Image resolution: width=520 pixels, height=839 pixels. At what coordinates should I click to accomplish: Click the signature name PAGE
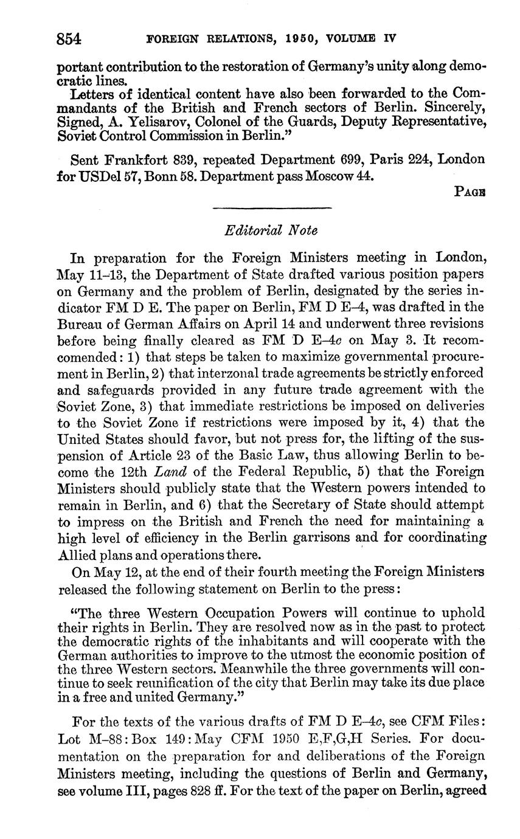pos(470,192)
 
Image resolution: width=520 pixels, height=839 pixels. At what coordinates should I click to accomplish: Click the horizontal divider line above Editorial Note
pos(272,209)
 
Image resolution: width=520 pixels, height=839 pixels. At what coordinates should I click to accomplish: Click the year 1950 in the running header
pos(303,38)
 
